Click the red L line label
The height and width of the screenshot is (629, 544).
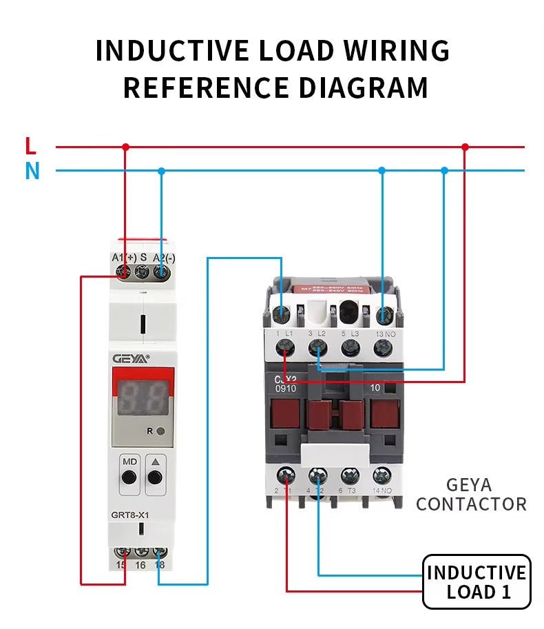click(30, 146)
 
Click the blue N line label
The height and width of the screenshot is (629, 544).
click(32, 171)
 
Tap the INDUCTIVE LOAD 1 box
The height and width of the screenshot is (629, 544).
click(476, 581)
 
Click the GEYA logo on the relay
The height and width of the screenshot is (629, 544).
click(130, 358)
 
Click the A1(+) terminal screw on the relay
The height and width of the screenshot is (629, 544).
click(125, 273)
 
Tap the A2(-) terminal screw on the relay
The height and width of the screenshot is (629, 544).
click(160, 273)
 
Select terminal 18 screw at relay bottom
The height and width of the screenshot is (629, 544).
click(160, 553)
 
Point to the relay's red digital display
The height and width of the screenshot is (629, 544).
click(143, 398)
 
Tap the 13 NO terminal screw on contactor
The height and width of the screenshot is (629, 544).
click(382, 349)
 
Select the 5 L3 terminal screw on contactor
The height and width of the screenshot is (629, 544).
click(351, 349)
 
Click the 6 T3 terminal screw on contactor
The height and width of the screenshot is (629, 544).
click(351, 475)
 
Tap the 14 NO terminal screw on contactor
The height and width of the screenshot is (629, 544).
click(382, 475)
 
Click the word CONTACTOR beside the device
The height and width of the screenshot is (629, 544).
click(471, 504)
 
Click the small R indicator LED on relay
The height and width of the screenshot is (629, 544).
click(160, 431)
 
